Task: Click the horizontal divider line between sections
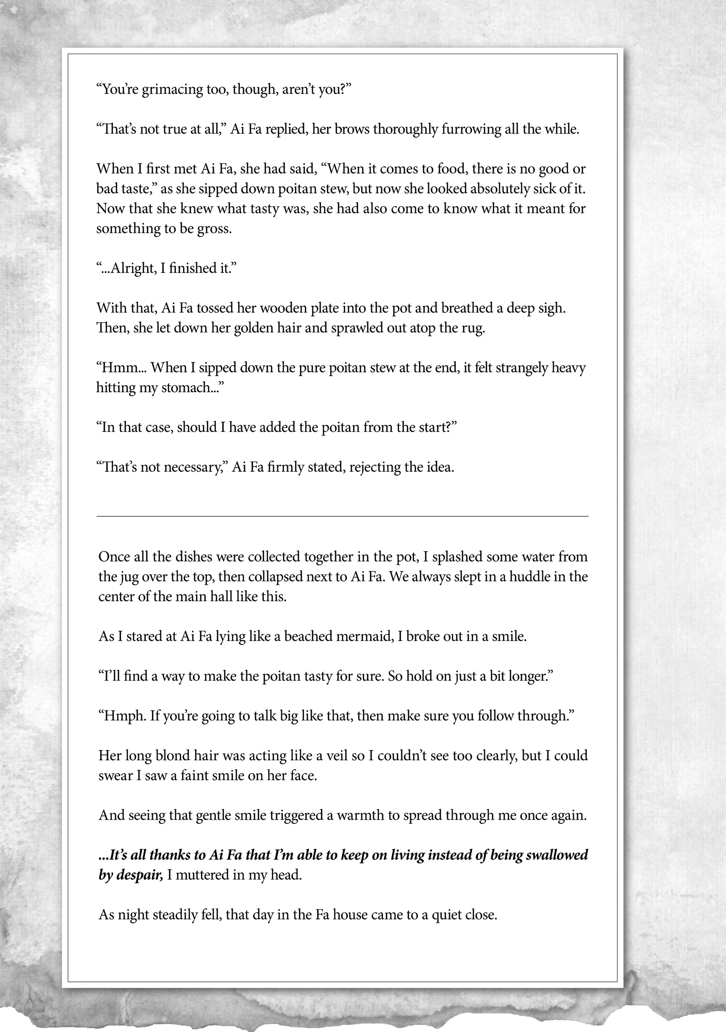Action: [342, 517]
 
